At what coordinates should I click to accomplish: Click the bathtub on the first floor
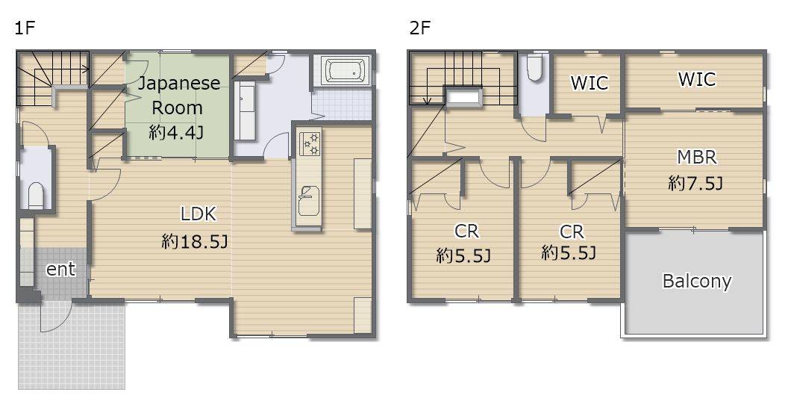[x=347, y=70]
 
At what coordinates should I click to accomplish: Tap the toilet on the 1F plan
[x=36, y=195]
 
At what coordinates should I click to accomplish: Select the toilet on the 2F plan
[x=534, y=68]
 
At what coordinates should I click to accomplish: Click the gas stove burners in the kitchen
[x=310, y=143]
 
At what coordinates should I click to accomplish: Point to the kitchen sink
[x=309, y=199]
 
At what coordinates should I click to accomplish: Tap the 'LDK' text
[x=198, y=214]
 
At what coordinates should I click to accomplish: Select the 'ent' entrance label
[x=60, y=269]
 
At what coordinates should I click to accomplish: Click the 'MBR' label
[x=696, y=157]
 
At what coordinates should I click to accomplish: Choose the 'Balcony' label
[x=696, y=281]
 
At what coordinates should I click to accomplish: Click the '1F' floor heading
[x=24, y=28]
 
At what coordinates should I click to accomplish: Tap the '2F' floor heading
[x=420, y=28]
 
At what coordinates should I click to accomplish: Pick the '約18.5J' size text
[x=195, y=242]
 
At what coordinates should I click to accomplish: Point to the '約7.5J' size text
[x=695, y=183]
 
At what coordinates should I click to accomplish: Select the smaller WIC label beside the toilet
[x=589, y=82]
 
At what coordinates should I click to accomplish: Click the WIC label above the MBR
[x=696, y=79]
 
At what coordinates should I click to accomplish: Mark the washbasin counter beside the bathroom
[x=246, y=111]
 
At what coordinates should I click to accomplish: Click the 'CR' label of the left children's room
[x=466, y=231]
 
